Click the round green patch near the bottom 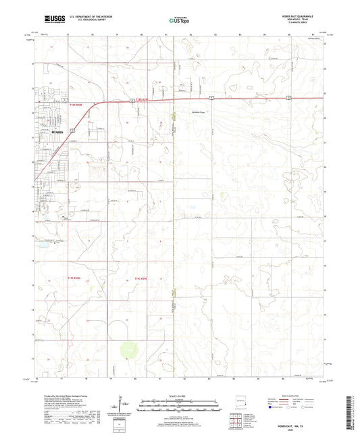click(x=126, y=351)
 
